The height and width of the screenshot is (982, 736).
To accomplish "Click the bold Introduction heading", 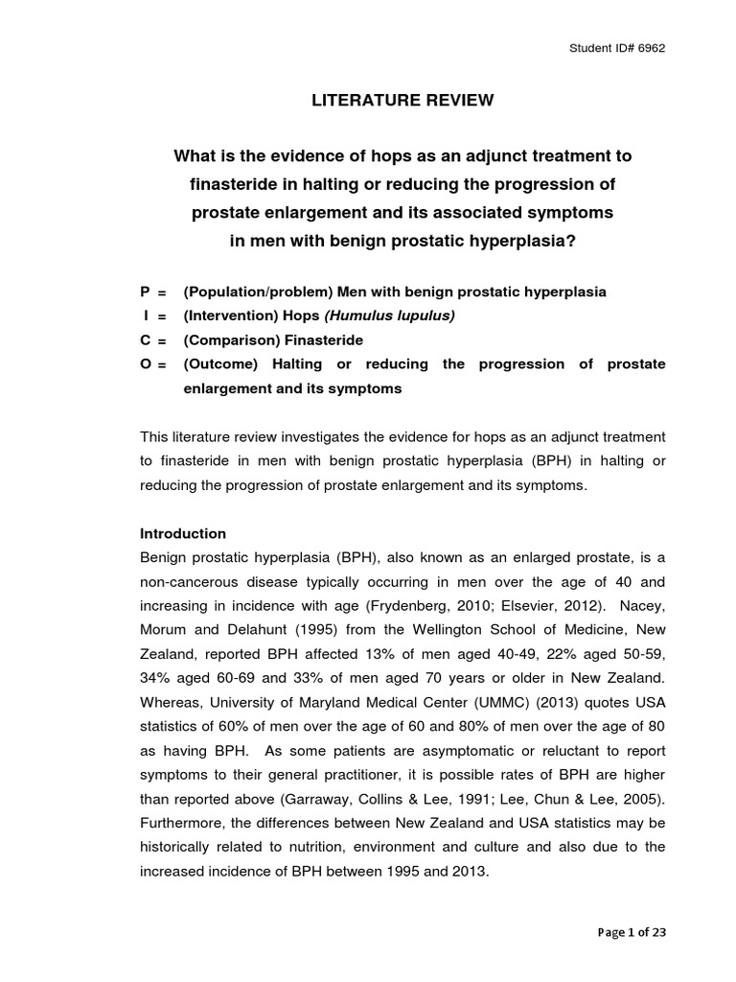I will click(x=183, y=533).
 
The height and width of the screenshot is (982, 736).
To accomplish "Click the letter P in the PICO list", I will click(x=146, y=291).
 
